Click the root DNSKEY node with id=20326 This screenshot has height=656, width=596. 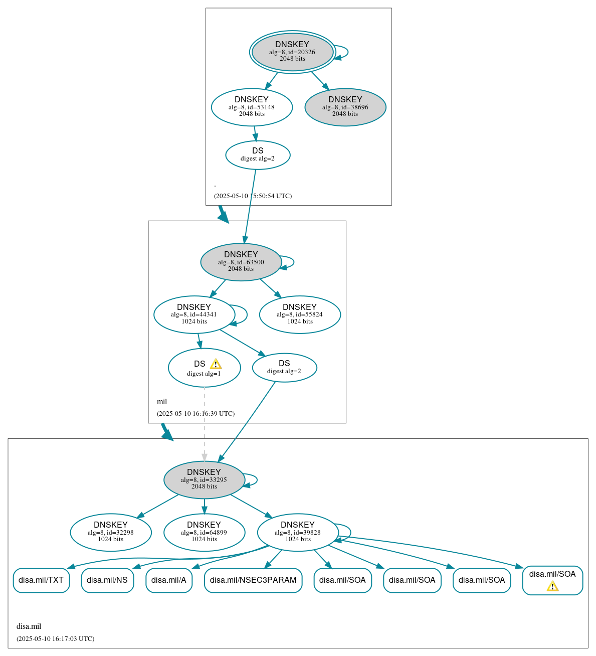(292, 52)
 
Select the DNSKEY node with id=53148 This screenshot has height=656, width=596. (252, 107)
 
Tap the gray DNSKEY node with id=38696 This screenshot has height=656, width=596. (345, 107)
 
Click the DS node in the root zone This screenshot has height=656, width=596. (258, 155)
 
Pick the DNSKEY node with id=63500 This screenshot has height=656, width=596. (241, 262)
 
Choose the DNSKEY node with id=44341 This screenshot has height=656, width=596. (194, 314)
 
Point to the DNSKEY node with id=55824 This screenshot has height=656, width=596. (300, 314)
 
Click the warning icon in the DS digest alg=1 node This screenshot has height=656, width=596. (216, 364)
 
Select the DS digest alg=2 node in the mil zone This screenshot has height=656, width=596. (284, 368)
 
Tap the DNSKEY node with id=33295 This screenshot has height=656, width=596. (204, 480)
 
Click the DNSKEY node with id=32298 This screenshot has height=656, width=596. (111, 532)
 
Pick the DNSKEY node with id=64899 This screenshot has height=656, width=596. (204, 532)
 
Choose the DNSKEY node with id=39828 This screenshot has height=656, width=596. (298, 532)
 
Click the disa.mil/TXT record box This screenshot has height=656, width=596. (41, 580)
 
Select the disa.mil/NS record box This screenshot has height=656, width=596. (107, 580)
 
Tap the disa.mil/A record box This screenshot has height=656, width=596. (169, 580)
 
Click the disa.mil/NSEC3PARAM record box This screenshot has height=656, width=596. (253, 580)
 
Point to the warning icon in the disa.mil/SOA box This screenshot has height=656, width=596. (552, 586)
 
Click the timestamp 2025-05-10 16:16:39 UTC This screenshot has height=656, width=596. (195, 414)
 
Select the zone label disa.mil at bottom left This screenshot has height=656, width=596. (29, 626)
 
